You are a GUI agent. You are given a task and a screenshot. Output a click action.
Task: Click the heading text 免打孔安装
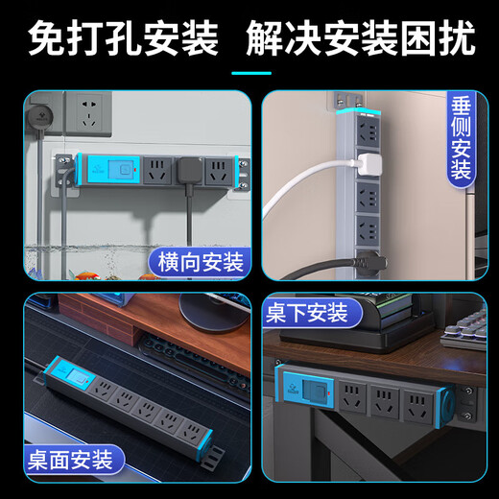123,39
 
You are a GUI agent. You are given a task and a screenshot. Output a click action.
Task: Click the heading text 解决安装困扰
361,39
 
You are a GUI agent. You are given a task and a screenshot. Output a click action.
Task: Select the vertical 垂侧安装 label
461,137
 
